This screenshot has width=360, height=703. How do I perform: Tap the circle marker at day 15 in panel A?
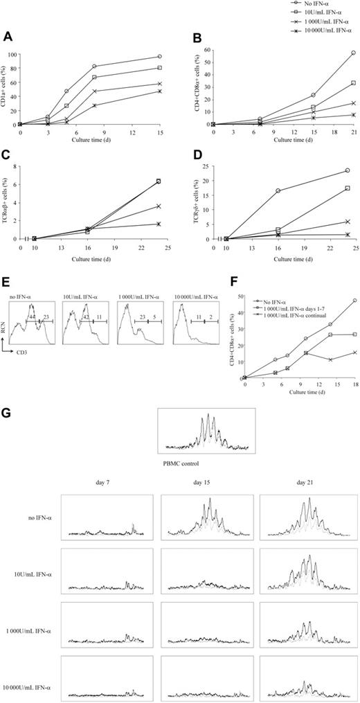point(160,56)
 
